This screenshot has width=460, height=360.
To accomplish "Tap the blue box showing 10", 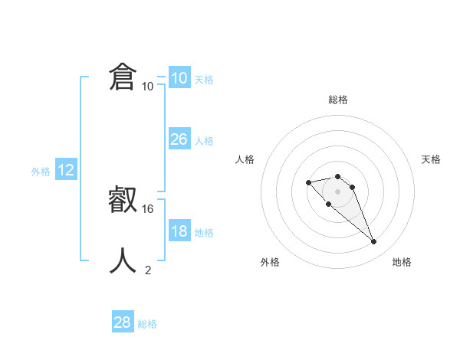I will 179,78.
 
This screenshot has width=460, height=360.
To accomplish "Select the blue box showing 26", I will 179,139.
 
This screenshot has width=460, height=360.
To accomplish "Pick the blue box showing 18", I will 179,231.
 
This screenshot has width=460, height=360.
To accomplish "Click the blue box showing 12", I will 66,170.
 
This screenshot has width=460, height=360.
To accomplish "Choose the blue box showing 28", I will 123,322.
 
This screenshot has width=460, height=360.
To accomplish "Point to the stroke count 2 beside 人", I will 148,270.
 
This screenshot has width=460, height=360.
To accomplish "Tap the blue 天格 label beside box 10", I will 204,80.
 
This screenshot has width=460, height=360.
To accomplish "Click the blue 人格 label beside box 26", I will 204,141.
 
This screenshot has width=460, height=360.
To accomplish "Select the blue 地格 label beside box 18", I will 204,233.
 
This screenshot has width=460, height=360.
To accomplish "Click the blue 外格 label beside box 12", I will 41,172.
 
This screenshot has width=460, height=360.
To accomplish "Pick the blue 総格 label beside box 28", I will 147,324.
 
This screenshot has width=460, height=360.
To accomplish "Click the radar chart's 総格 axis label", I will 338,100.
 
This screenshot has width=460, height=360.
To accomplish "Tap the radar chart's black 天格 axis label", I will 431,159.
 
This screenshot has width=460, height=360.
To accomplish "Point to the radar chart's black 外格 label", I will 270,262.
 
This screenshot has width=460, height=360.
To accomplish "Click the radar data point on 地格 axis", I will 374,242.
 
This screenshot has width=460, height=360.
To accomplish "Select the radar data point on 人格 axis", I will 308,182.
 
